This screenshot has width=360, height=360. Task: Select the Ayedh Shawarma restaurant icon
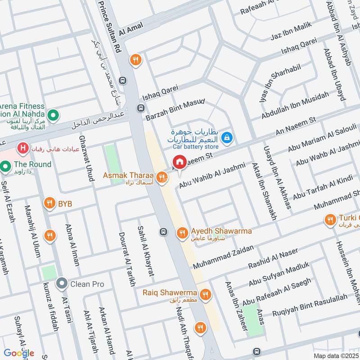(x=182, y=232)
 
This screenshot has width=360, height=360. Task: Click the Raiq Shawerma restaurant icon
(x=205, y=294)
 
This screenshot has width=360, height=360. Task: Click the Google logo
(x=19, y=353)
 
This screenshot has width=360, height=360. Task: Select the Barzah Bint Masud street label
(x=175, y=109)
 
